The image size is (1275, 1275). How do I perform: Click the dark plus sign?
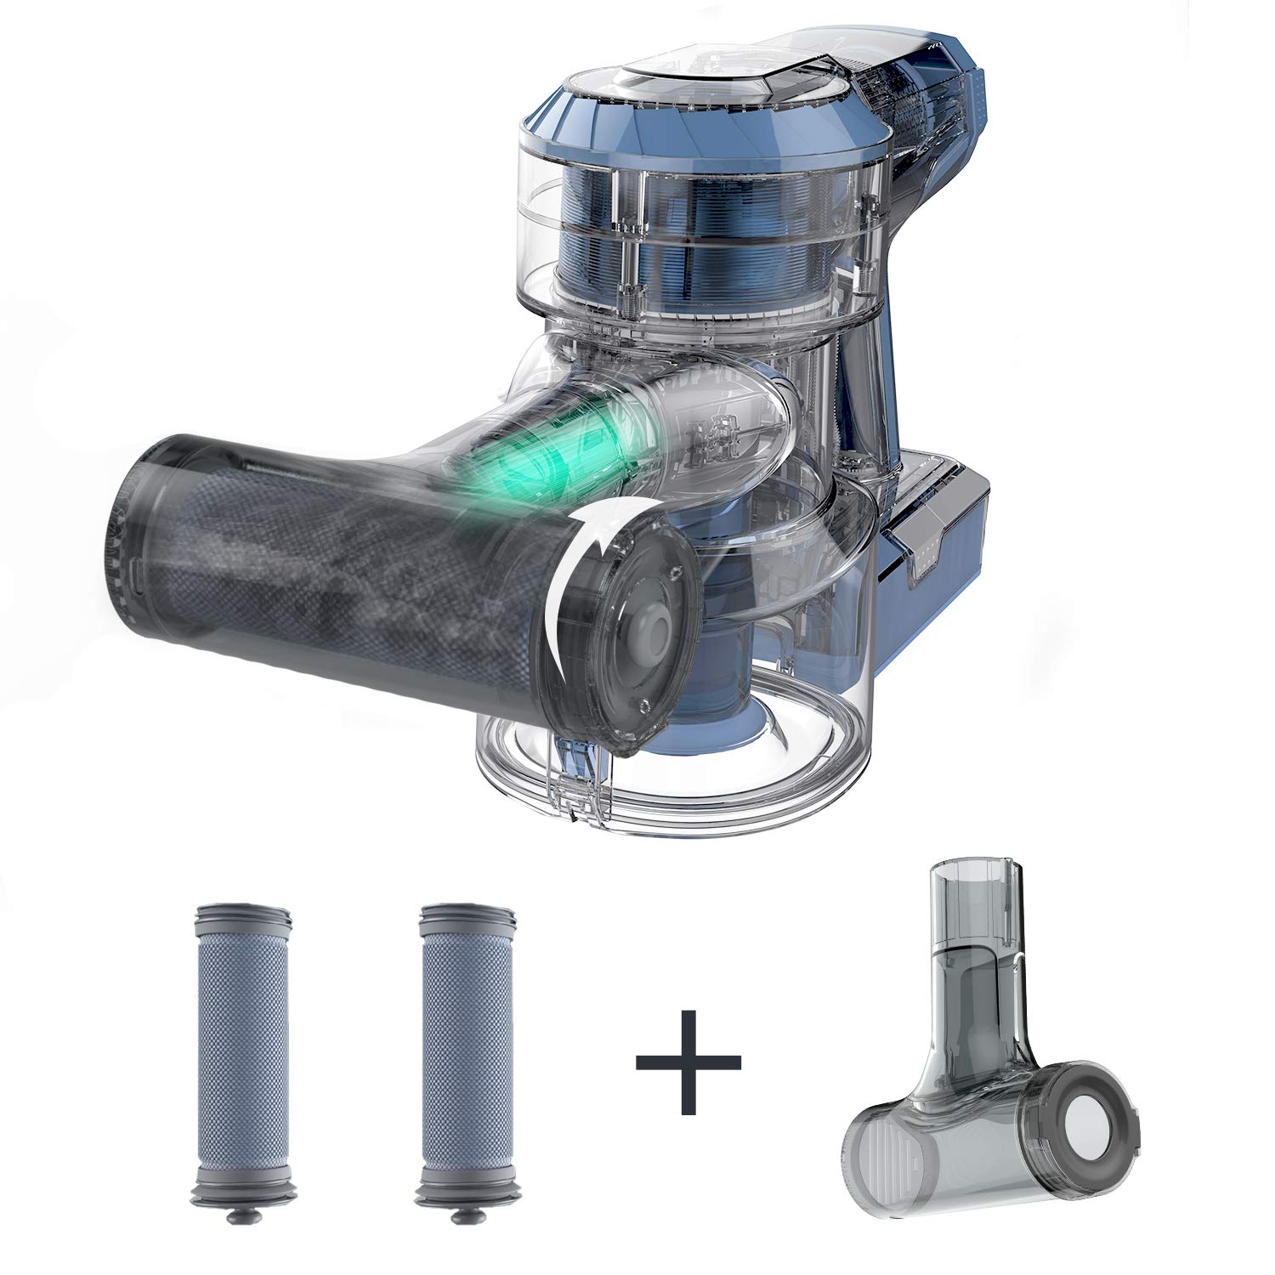point(688,1062)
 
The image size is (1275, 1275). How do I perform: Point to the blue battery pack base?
point(935,544)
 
